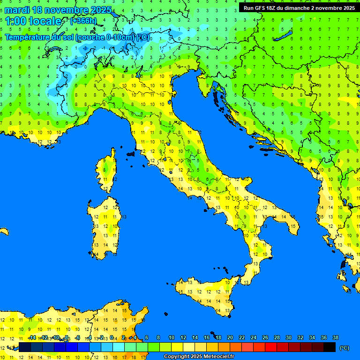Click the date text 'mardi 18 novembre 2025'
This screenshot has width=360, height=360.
58,10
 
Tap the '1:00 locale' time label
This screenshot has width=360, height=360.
33,21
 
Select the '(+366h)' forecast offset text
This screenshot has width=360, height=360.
83,21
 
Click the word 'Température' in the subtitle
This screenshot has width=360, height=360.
28,37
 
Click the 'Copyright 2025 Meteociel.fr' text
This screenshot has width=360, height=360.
199,357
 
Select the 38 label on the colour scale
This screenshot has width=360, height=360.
335,338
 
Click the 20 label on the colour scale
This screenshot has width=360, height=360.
230,338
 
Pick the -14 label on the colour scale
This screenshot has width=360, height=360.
32,338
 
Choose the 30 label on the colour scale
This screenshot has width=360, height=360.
288,338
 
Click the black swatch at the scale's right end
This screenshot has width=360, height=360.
330,347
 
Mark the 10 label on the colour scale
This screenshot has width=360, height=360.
172,338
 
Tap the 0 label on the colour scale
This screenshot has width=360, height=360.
111,338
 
